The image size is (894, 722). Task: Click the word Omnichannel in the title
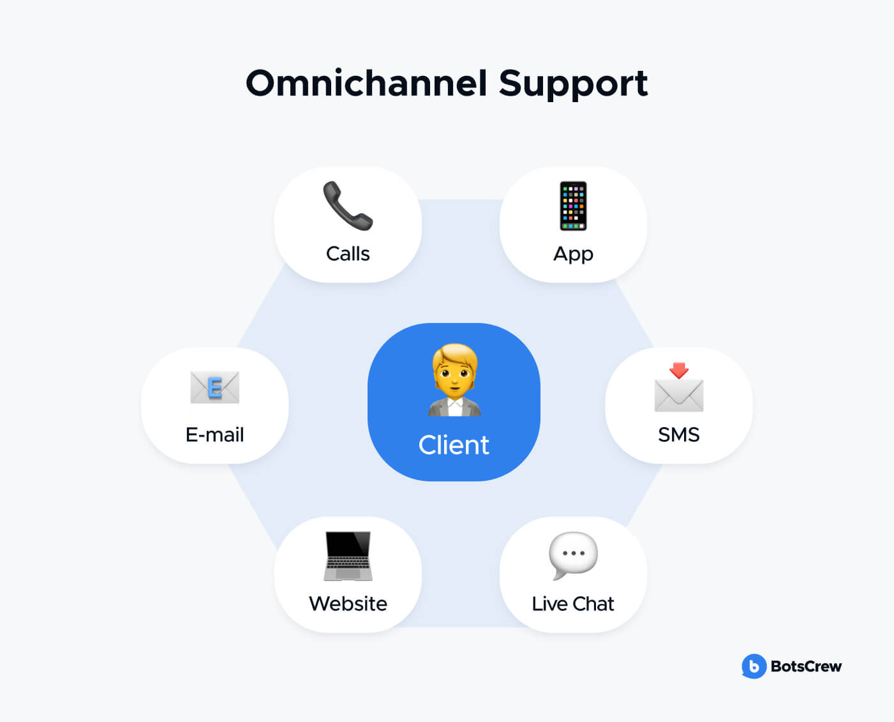point(366,83)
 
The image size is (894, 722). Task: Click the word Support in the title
point(573,85)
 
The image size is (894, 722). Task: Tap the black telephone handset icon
point(348,206)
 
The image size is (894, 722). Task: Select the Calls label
point(348,253)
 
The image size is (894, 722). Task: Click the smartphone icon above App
point(573,206)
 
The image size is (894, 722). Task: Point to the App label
point(573,255)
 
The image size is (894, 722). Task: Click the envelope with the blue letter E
point(215,387)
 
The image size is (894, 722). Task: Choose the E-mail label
point(215,435)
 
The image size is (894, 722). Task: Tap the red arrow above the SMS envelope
point(679,370)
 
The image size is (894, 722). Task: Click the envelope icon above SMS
point(679,395)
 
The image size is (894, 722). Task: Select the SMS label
point(679,435)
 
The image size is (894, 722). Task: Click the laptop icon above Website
point(348,556)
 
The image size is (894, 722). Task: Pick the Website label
point(348,604)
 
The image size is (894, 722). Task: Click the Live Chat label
point(573,604)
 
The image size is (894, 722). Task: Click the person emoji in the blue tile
point(454,380)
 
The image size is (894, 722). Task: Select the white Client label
point(454,445)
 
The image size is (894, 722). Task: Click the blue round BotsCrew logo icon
point(754,666)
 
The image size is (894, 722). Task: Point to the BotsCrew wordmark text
point(807,666)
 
